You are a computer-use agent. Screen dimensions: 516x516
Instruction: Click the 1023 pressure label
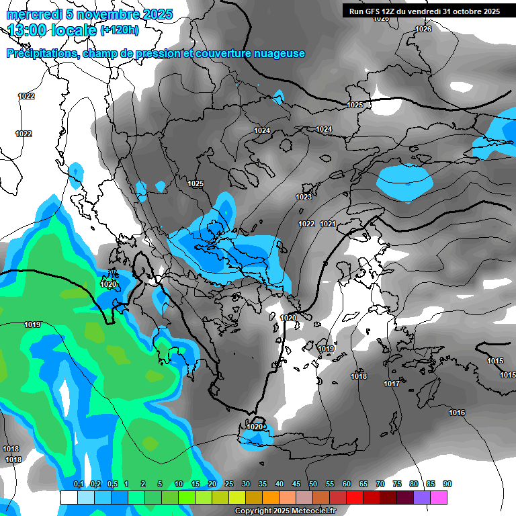point(304,197)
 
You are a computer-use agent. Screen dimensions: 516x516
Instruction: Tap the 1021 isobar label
point(328,224)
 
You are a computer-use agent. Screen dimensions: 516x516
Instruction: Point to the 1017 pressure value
point(392,384)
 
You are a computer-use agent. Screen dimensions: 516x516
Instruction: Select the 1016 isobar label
point(457,413)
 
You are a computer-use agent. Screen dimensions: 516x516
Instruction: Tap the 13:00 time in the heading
point(28,30)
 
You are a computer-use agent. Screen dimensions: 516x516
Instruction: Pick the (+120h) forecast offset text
point(119,30)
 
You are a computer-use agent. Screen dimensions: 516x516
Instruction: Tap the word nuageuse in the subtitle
point(278,54)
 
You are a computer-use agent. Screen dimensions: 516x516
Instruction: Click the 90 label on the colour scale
point(447,484)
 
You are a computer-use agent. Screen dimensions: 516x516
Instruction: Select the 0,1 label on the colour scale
point(79,484)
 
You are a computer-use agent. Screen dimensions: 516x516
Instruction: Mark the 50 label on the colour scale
point(313,484)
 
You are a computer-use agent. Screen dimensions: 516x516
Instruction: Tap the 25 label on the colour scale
point(229,484)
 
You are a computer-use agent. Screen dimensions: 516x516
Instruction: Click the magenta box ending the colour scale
point(439,497)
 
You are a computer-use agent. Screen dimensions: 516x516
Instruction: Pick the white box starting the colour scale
point(69,497)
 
